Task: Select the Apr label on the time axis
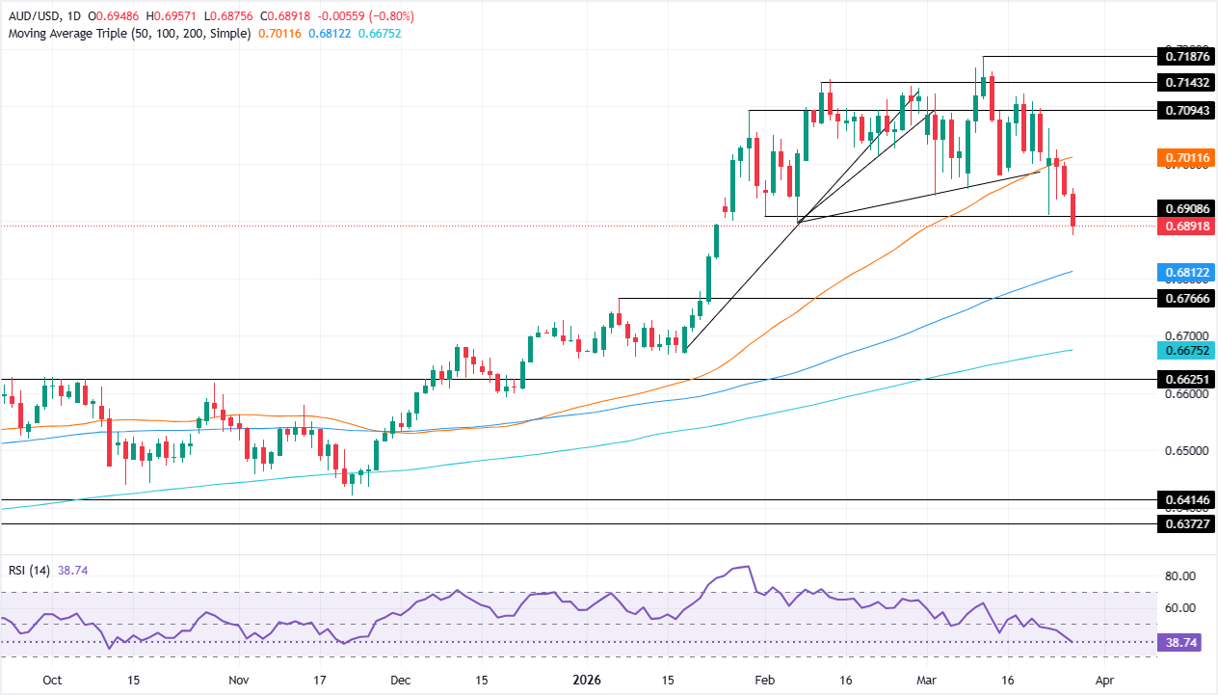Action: (x=1104, y=680)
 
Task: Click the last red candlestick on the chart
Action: (x=1073, y=209)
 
